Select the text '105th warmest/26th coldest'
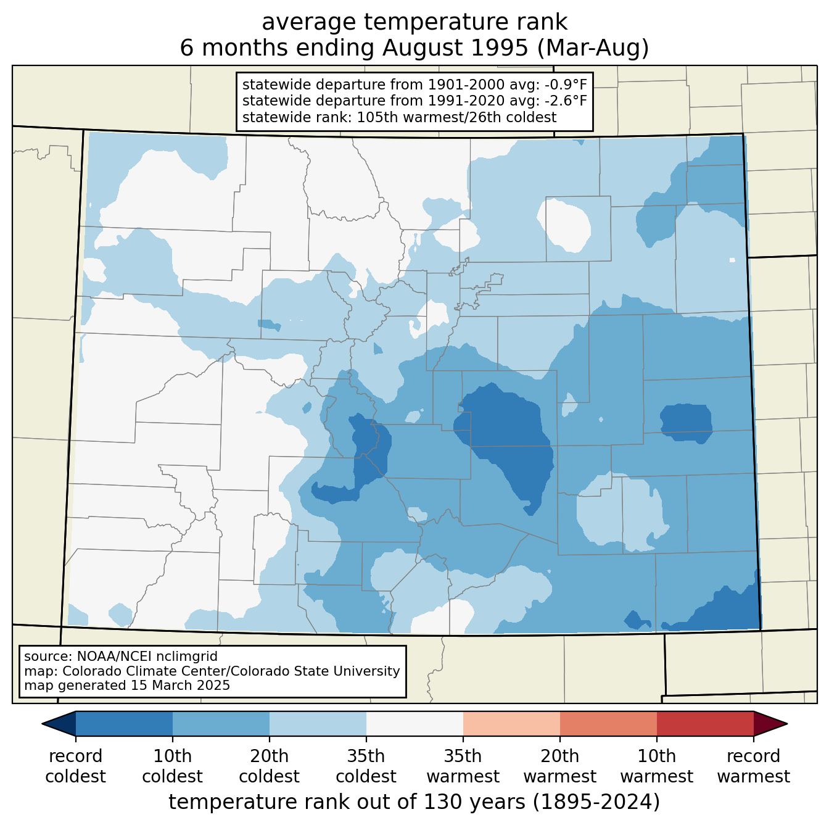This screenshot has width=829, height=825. (456, 117)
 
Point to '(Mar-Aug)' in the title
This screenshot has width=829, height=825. (593, 48)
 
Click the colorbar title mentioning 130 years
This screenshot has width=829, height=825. (414, 802)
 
